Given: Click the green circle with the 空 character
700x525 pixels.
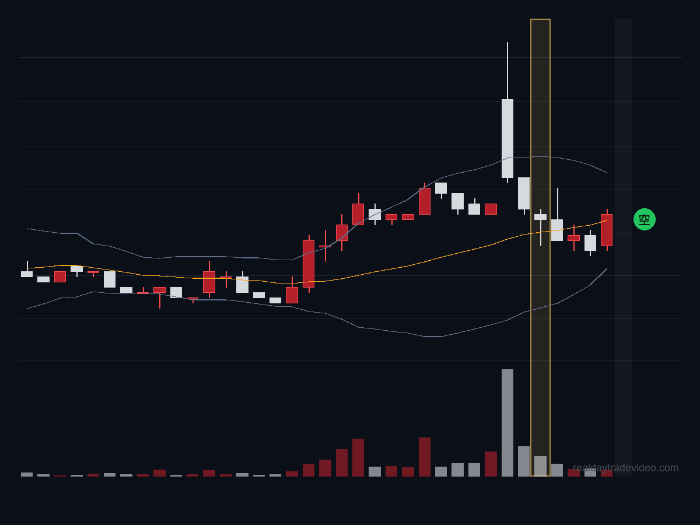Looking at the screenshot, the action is click(x=644, y=219).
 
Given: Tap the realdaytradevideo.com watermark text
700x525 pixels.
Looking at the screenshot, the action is click(x=626, y=468).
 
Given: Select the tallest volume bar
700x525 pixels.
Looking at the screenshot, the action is click(x=508, y=423).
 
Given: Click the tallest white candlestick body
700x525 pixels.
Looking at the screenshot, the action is click(x=508, y=138).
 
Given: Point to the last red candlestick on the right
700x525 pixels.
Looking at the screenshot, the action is click(x=607, y=230).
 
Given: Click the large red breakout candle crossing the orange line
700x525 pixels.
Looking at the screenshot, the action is click(x=309, y=264).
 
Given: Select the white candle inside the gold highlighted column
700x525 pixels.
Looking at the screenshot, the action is click(x=540, y=218).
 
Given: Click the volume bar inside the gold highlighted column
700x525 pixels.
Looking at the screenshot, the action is click(x=540, y=466).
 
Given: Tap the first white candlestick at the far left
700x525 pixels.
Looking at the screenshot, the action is click(x=27, y=274).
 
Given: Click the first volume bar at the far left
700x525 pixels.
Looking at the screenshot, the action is click(x=27, y=475).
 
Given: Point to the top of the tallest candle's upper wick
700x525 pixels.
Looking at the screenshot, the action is click(x=508, y=42).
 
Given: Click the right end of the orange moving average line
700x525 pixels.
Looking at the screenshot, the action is click(x=607, y=220).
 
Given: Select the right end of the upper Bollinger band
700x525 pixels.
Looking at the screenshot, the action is click(x=607, y=173).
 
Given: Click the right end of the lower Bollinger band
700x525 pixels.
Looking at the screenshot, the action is click(x=607, y=269).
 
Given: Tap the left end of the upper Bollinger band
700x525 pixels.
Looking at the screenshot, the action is click(x=27, y=229).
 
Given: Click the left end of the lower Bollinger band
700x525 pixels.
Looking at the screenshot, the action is click(x=27, y=309).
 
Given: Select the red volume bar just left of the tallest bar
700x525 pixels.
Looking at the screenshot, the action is click(x=491, y=464).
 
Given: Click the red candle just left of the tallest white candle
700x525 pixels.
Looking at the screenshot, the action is click(x=491, y=209).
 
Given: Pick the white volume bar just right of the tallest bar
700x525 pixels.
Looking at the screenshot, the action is click(x=524, y=461).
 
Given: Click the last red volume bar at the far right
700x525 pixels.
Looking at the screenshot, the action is click(x=607, y=473).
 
